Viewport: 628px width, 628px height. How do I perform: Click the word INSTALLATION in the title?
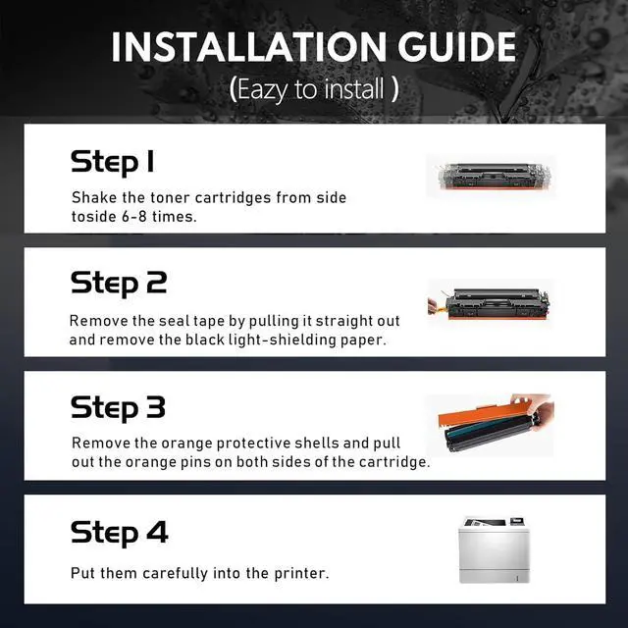[248, 47]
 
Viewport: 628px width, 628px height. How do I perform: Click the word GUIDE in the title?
[457, 47]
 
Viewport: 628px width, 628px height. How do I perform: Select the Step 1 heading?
[113, 162]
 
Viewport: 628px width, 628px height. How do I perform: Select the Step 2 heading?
[119, 284]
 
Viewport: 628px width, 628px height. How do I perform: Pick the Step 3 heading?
[118, 408]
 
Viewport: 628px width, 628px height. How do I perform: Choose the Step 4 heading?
[120, 533]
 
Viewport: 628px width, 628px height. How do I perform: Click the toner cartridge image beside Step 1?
[494, 176]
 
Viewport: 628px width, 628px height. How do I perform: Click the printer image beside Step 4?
[495, 549]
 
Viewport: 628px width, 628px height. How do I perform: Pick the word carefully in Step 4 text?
[175, 573]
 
